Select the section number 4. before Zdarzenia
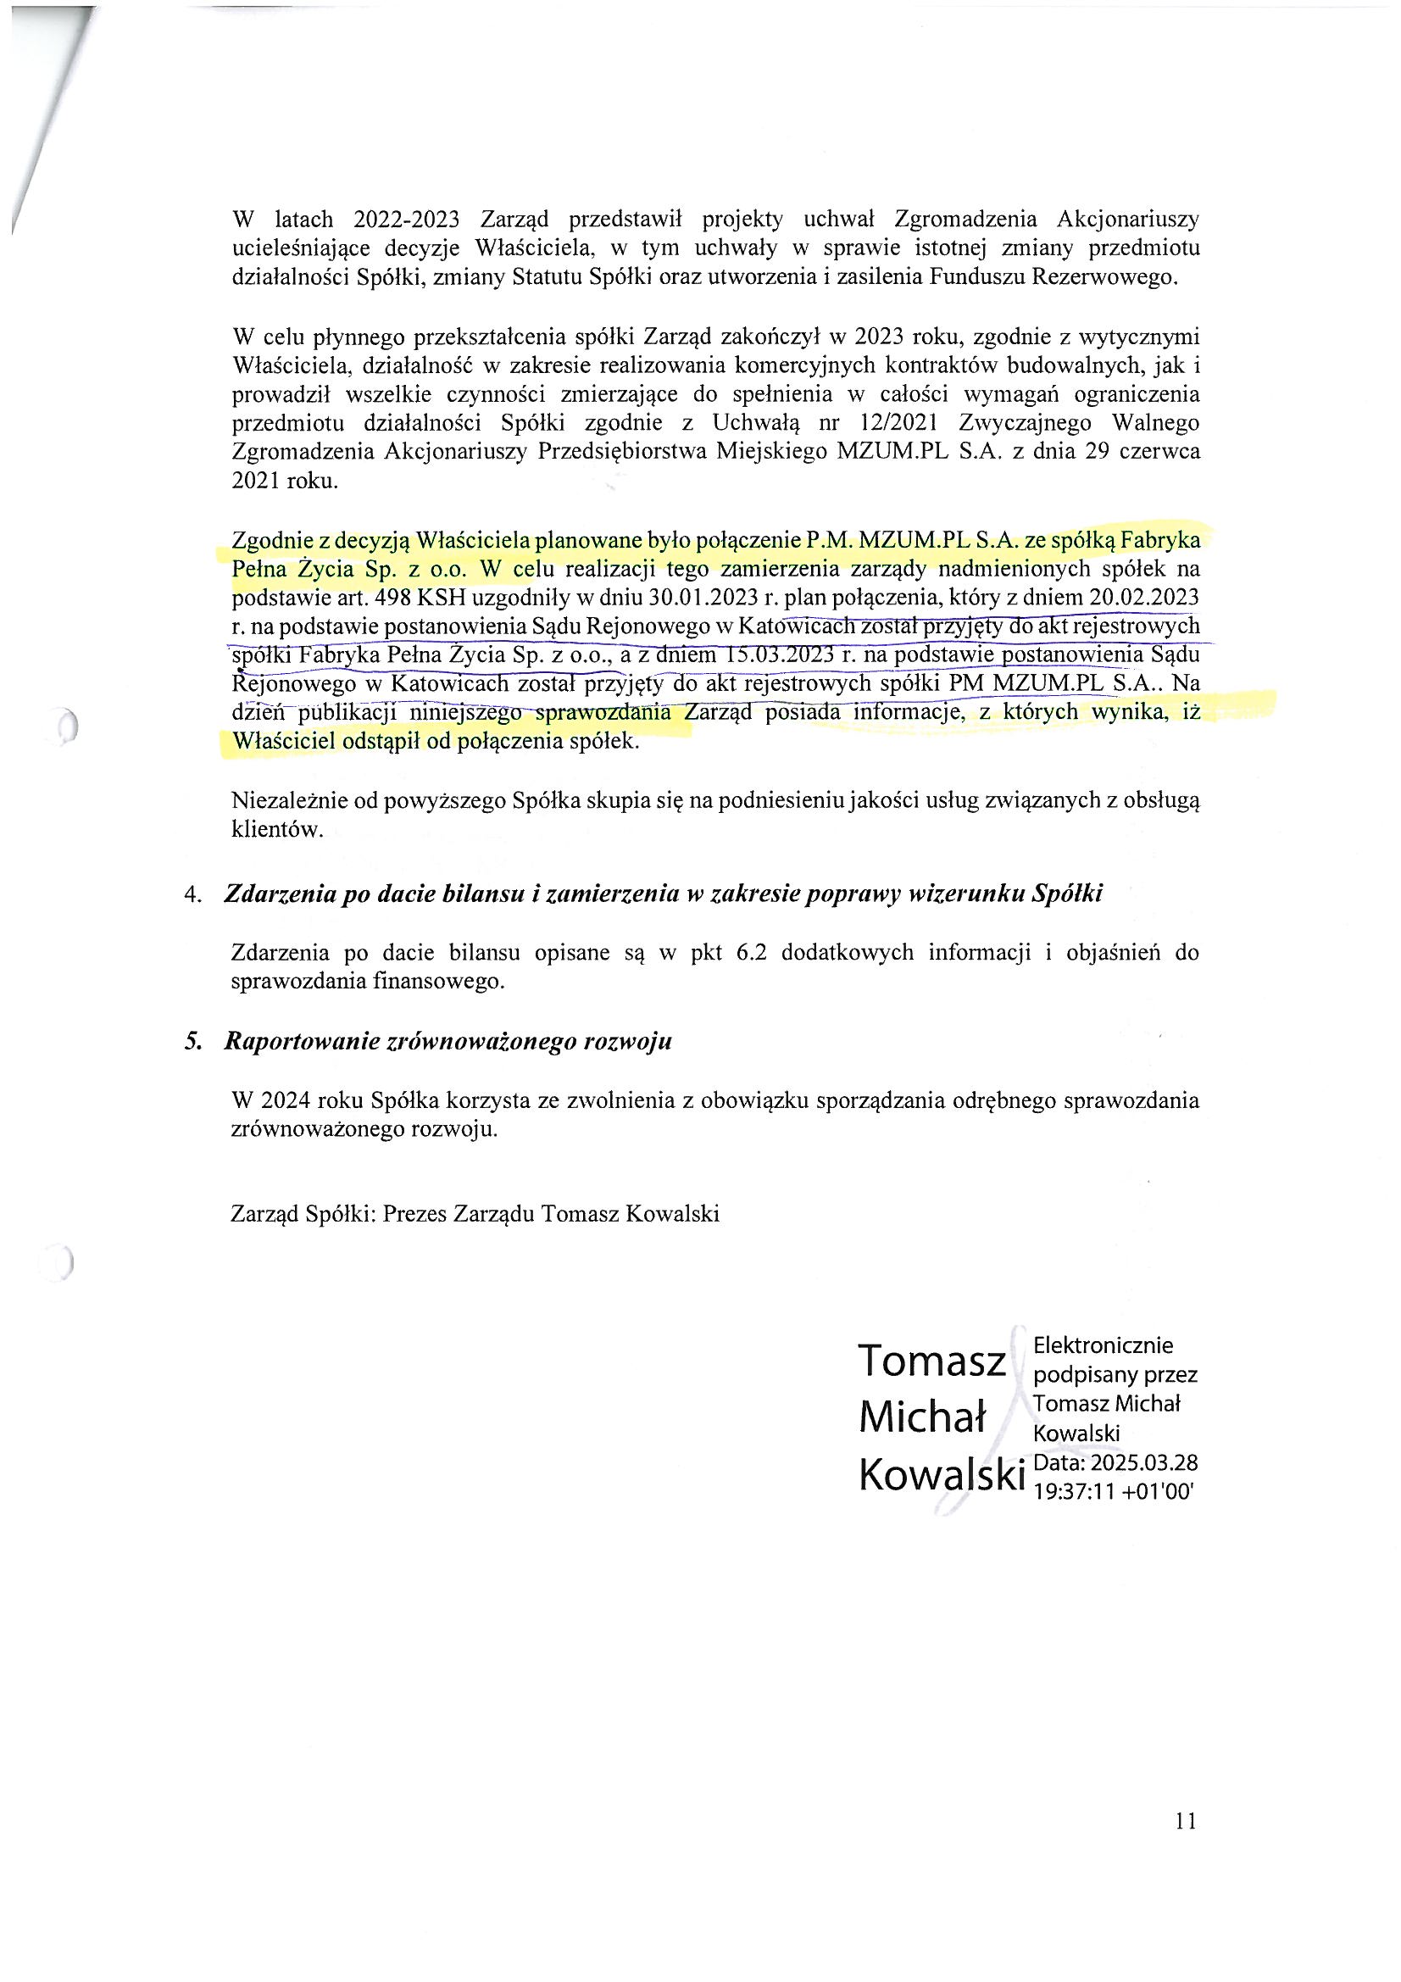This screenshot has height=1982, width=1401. tap(192, 894)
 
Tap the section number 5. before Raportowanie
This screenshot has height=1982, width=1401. tap(192, 1041)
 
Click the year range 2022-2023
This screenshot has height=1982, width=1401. tap(406, 220)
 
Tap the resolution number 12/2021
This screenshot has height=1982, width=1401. tap(902, 423)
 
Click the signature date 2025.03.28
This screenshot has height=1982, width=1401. tap(1143, 1462)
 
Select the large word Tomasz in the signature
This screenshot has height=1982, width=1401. tap(931, 1361)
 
